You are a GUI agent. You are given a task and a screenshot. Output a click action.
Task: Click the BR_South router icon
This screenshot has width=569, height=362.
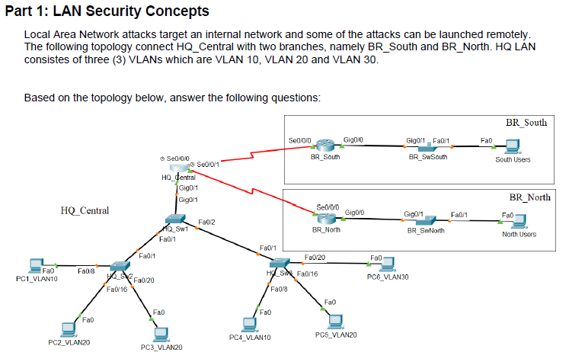326,146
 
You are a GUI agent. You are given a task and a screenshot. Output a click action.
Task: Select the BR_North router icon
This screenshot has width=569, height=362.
327,216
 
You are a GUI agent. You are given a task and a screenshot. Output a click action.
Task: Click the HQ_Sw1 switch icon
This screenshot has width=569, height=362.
175,221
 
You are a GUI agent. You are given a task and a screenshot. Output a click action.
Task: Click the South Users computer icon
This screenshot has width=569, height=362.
513,146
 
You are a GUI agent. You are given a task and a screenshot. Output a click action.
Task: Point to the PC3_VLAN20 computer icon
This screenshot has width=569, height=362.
160,333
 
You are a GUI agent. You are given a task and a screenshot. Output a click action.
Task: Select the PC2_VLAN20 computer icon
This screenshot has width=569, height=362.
69,329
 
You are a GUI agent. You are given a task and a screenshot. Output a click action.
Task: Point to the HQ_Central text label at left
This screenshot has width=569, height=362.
84,210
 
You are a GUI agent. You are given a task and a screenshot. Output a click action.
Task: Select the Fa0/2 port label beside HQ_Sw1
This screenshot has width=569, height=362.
206,222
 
